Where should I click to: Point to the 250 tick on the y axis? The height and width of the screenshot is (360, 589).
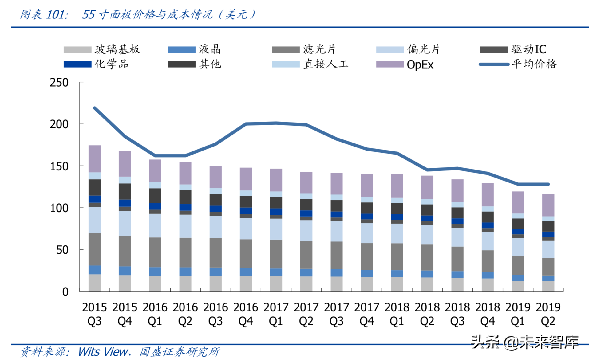(59, 83)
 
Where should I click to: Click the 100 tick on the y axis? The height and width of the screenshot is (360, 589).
(59, 208)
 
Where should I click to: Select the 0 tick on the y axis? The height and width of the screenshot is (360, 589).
(65, 292)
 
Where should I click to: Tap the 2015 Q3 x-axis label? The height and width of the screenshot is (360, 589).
(94, 314)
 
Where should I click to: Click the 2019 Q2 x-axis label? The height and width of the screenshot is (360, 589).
(548, 314)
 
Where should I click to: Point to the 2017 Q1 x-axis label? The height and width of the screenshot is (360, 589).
(276, 314)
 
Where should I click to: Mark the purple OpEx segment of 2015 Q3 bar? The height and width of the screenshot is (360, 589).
(94, 159)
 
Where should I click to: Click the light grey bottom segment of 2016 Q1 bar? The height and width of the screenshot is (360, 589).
(155, 284)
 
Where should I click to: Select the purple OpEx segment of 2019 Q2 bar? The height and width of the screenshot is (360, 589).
(548, 205)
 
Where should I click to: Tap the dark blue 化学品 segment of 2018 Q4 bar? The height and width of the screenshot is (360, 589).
(488, 225)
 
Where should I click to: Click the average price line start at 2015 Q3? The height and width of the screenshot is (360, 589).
(95, 108)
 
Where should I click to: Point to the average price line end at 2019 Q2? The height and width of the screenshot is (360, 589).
(548, 184)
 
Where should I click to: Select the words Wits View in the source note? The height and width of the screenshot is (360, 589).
(103, 352)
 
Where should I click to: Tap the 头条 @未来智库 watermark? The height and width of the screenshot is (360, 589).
(524, 342)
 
